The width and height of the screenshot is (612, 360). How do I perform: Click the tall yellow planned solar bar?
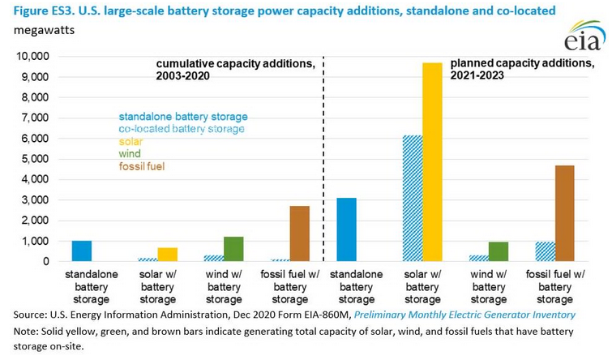(432, 162)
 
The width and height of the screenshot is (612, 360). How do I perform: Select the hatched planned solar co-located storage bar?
(412, 199)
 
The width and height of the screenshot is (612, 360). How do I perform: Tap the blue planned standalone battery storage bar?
(346, 230)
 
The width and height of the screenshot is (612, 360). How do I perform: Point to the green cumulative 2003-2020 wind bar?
(233, 249)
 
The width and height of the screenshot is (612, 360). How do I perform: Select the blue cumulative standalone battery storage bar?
(82, 251)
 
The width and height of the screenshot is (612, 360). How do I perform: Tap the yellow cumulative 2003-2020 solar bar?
(168, 255)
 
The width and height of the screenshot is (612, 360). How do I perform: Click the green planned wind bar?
(499, 252)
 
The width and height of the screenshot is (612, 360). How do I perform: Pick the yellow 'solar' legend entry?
(132, 141)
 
